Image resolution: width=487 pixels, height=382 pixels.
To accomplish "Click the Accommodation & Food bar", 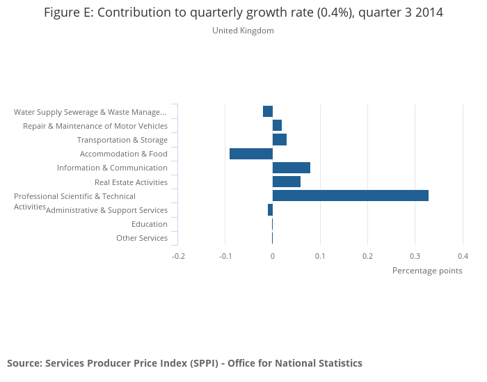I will point(250,154).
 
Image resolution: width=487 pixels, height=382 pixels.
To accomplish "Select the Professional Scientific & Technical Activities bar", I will point(350,196).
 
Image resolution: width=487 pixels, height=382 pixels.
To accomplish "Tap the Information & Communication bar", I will point(291,168).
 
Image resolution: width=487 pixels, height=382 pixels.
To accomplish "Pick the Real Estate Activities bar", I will point(286,182).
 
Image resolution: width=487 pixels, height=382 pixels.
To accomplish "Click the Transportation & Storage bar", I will point(279,140).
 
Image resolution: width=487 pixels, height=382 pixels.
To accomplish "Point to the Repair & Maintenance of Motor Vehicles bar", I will point(277,125).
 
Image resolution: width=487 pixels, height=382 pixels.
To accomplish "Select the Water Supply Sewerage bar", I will point(268,111).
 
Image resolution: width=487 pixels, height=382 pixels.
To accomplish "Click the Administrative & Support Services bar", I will point(270,209).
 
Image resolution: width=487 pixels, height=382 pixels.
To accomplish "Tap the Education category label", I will point(150,224).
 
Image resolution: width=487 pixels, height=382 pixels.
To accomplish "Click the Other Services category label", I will point(142,238).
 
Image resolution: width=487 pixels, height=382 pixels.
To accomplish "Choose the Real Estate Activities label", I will point(131,182).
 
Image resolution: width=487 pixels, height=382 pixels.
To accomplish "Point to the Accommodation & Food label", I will point(124,154).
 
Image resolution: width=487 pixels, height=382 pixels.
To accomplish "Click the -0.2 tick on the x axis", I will point(178,256).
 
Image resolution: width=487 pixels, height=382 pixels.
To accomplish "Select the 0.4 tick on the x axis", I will point(463,256).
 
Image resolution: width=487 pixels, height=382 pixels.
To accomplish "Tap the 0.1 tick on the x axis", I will point(320,256).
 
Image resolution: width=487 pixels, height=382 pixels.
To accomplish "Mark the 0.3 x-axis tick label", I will point(415,256).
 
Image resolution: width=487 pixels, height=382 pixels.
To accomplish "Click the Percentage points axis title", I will point(427,271).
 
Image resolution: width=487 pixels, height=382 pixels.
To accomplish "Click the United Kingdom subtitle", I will point(243,31).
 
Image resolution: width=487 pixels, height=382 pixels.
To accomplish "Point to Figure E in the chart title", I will point(67,13).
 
